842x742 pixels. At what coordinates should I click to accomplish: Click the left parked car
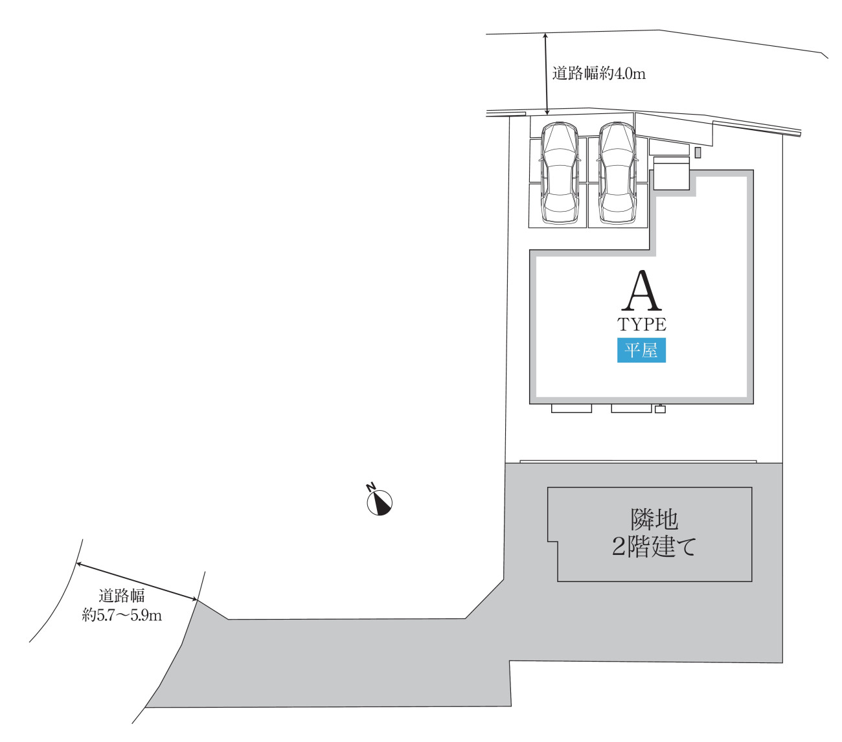[560, 172]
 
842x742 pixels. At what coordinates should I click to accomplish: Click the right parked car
[617, 172]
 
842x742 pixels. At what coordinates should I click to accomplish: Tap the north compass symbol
[379, 502]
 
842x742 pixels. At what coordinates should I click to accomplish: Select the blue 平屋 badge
[641, 350]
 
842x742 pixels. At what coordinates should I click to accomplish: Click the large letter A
[641, 291]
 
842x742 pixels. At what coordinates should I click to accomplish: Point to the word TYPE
[641, 324]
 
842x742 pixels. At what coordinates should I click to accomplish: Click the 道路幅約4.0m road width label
[598, 74]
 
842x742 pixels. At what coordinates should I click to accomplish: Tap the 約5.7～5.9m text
[121, 615]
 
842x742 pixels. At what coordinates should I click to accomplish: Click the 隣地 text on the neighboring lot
[654, 519]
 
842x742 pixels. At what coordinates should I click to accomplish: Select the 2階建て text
[654, 546]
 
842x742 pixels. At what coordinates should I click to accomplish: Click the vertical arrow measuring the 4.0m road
[546, 74]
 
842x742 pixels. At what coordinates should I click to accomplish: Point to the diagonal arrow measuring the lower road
[137, 581]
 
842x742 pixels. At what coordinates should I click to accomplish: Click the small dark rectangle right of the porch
[698, 152]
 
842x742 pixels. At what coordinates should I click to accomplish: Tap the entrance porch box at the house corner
[671, 174]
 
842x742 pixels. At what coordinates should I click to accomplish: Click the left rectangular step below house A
[571, 409]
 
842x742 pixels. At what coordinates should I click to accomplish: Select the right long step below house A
[631, 409]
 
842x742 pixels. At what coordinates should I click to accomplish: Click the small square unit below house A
[659, 409]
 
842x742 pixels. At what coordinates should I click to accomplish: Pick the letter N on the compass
[370, 486]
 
